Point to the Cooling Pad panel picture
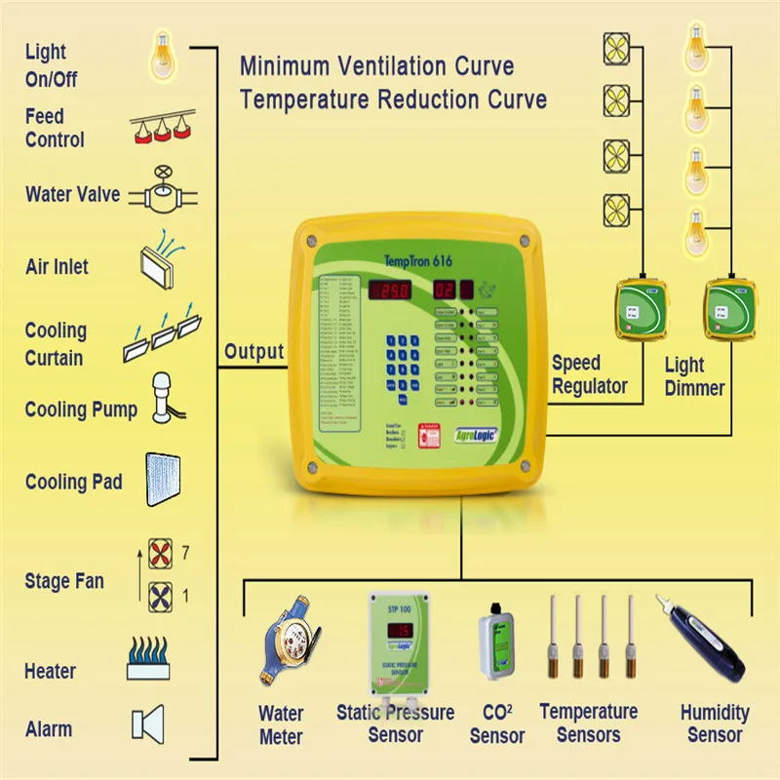[162, 479]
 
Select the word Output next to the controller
[253, 352]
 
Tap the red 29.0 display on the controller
[393, 291]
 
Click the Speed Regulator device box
[641, 311]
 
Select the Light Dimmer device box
[730, 311]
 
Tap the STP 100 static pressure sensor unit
[399, 643]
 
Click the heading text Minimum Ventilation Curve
[376, 67]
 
